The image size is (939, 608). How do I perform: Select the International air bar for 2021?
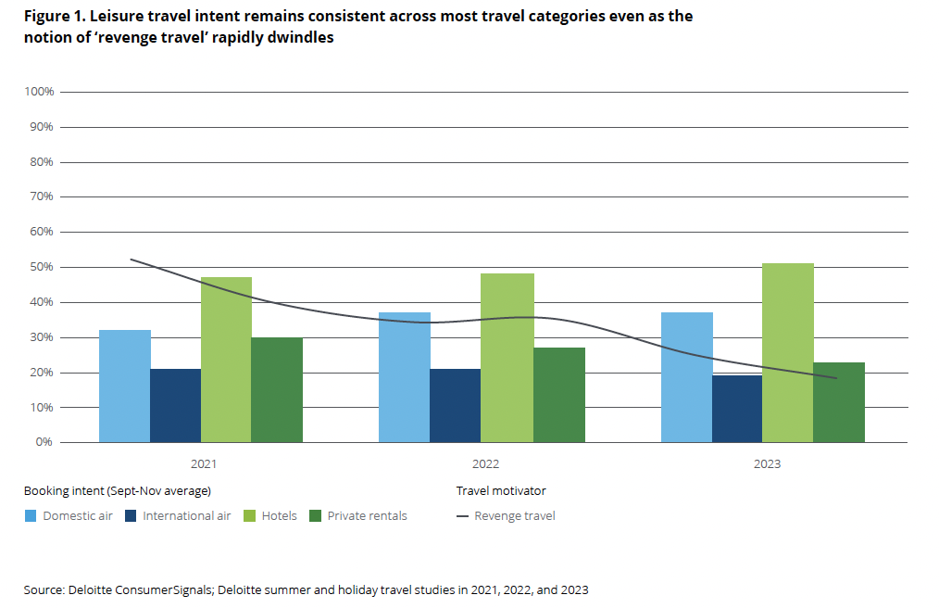(176, 405)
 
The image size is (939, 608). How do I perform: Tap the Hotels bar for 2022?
(508, 358)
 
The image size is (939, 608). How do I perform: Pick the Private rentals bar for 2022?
(559, 395)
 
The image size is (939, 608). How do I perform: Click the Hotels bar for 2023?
(788, 352)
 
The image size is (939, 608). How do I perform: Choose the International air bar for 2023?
(737, 409)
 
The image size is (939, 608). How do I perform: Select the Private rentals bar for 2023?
(839, 402)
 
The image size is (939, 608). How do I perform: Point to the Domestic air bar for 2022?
(405, 377)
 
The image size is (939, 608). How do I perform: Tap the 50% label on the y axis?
(43, 267)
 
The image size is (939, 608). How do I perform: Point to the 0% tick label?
(45, 442)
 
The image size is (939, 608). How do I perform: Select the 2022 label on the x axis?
(482, 463)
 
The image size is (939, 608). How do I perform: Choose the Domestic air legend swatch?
(31, 515)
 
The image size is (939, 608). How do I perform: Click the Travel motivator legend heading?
(501, 490)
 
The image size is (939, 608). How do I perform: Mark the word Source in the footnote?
(44, 589)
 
